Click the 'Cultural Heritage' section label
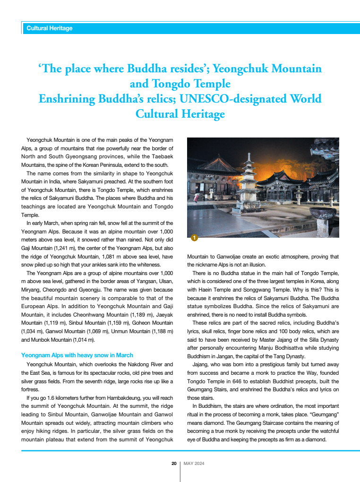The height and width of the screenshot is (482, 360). click(x=50, y=28)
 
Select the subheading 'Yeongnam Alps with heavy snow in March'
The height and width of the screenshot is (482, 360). click(x=77, y=355)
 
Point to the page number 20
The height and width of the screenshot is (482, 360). click(x=174, y=464)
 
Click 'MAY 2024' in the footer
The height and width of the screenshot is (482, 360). click(x=194, y=464)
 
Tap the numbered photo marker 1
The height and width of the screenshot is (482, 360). click(x=194, y=237)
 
